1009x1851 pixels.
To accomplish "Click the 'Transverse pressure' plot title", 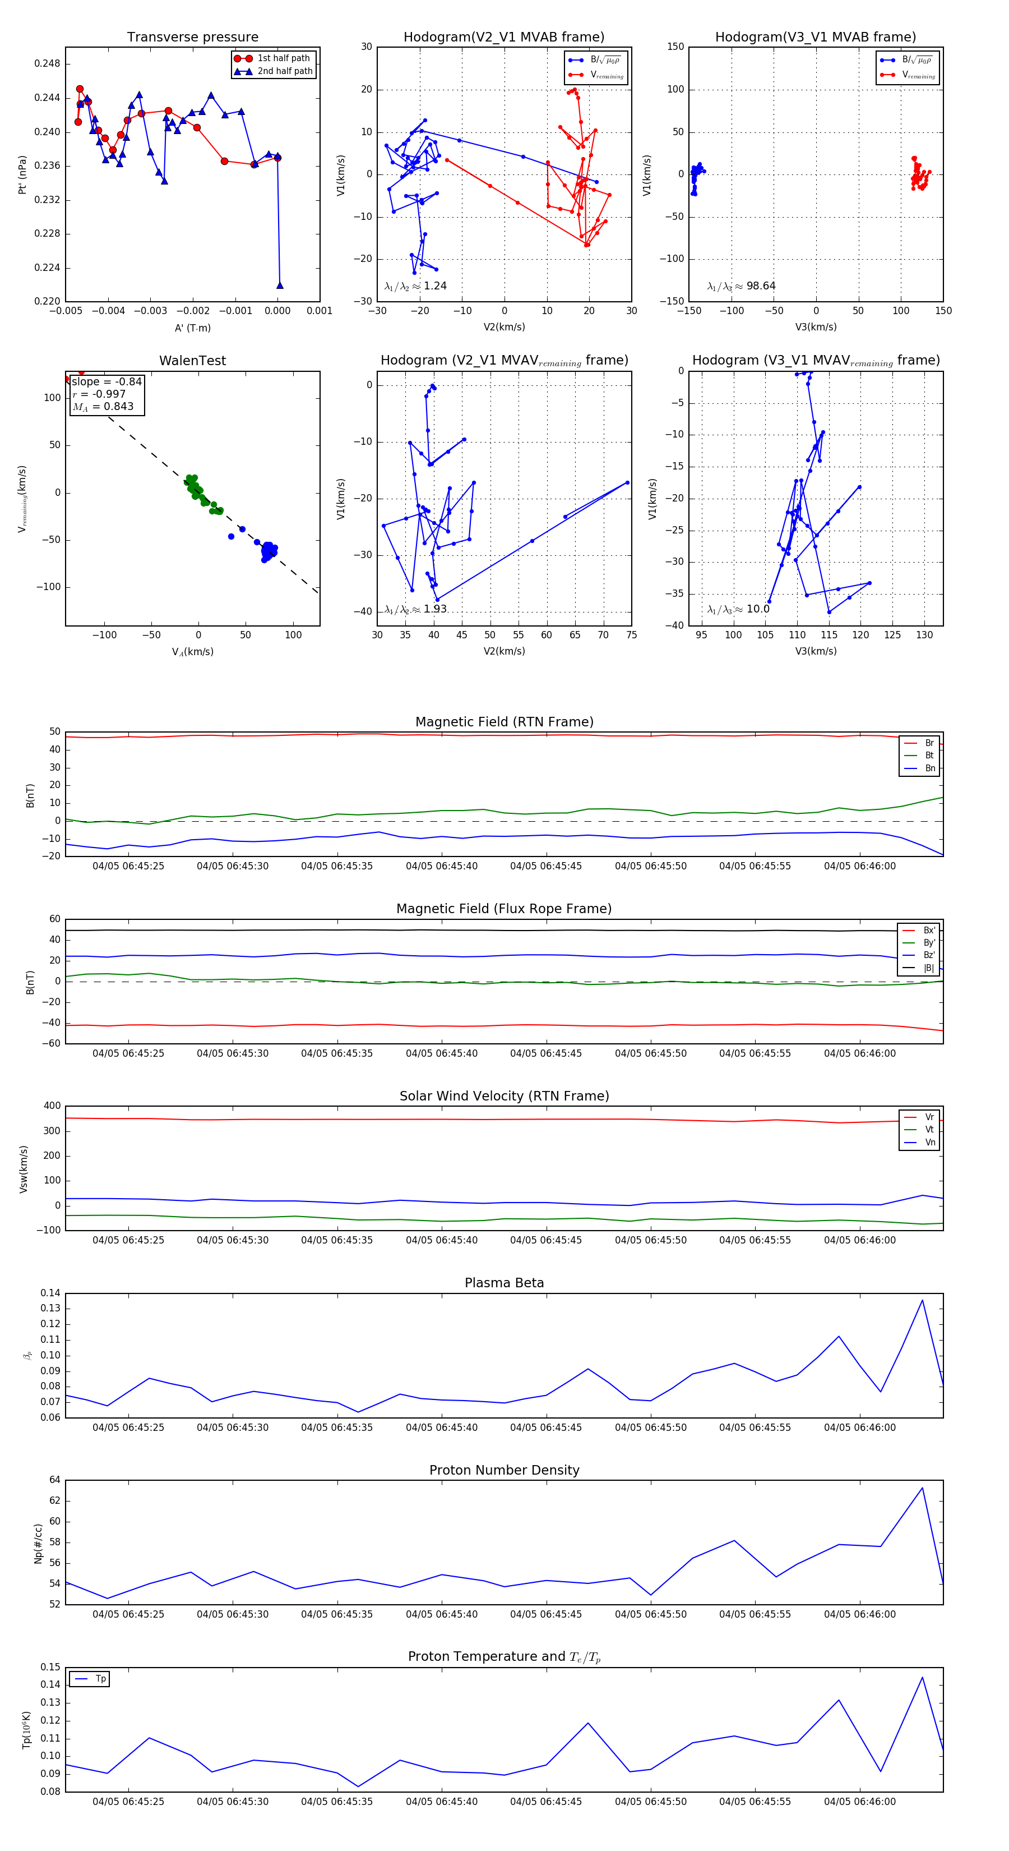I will pyautogui.click(x=192, y=38).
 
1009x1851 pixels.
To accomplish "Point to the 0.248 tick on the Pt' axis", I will pyautogui.click(x=48, y=63).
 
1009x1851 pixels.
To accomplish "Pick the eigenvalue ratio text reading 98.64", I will pyautogui.click(x=741, y=286).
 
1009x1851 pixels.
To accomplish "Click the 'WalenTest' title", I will pyautogui.click(x=192, y=361).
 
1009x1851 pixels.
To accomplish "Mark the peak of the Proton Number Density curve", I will pyautogui.click(x=922, y=1488).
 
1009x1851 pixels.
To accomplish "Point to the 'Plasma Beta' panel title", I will pyautogui.click(x=504, y=1283).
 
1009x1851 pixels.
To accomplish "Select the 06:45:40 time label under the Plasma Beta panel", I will pyautogui.click(x=442, y=1428).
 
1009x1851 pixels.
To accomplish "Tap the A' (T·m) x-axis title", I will pyautogui.click(x=192, y=328).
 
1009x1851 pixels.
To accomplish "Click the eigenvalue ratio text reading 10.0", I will pyautogui.click(x=738, y=609).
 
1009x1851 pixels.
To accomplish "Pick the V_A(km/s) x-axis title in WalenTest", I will pyautogui.click(x=192, y=652).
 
